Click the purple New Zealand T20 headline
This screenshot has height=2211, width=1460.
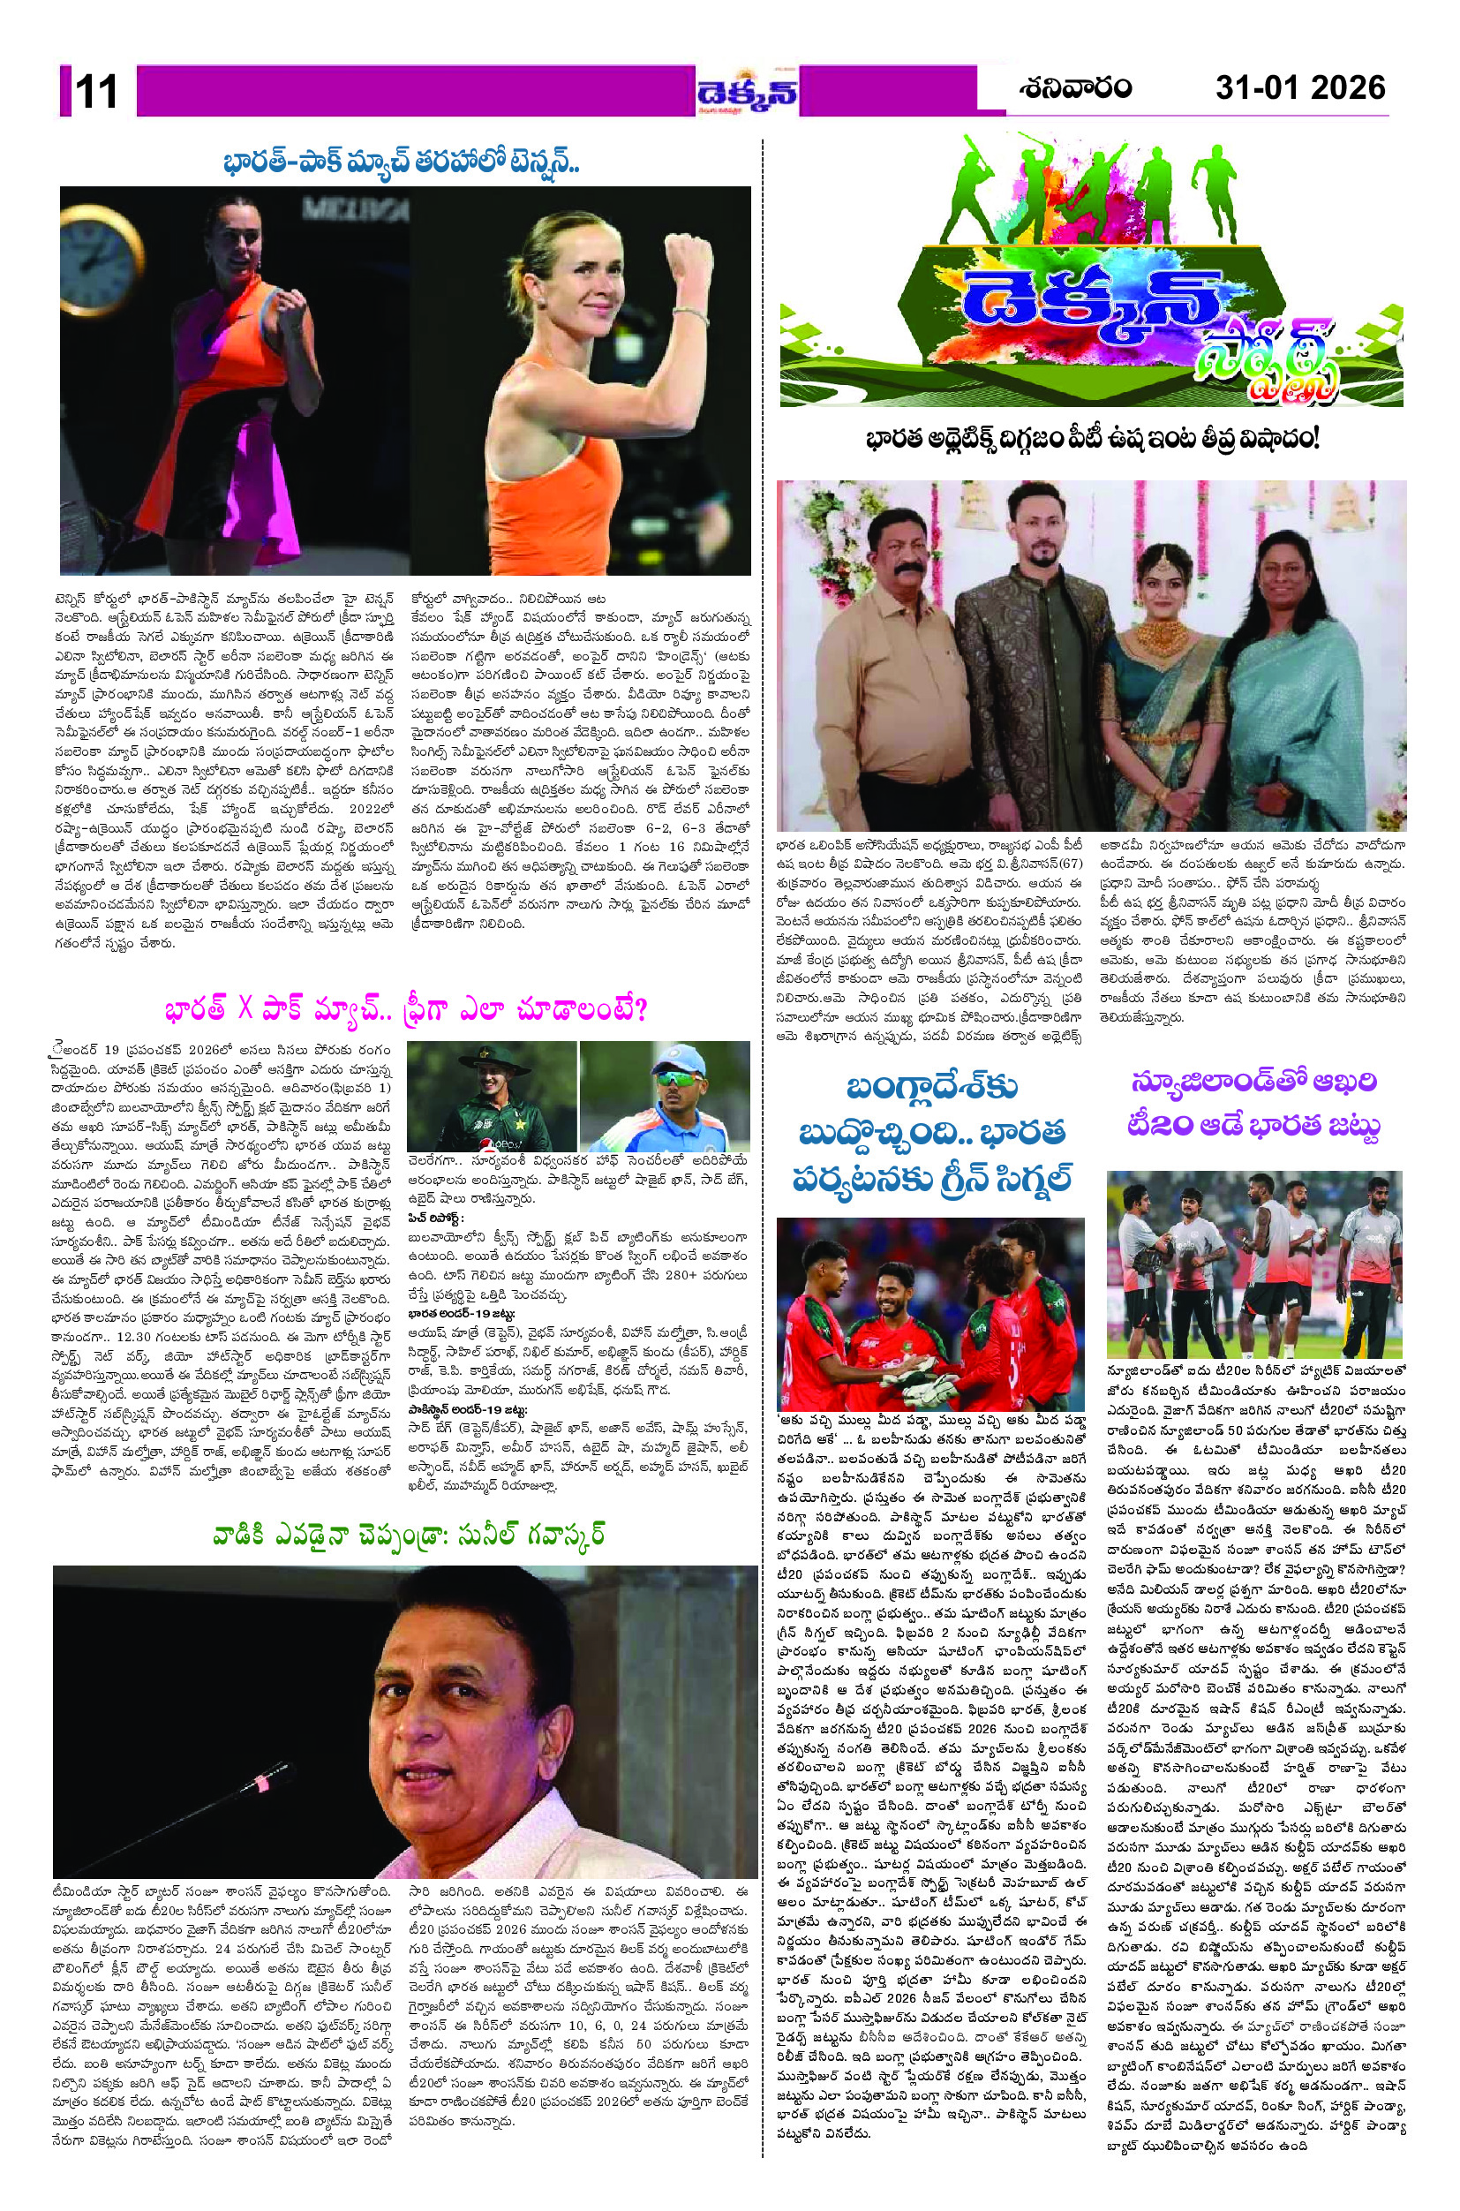[x=1254, y=1105]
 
